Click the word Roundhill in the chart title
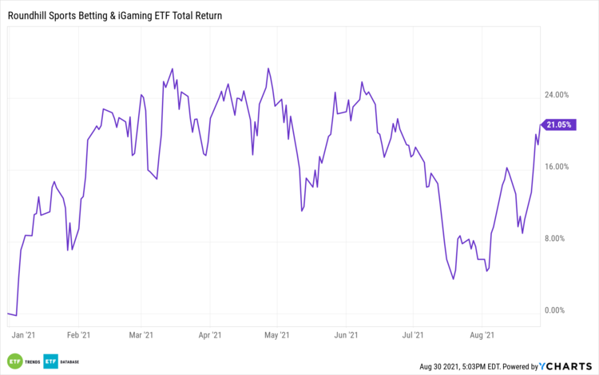click(29, 15)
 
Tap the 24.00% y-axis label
click(556, 95)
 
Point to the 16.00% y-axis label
click(556, 167)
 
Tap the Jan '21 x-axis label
click(23, 336)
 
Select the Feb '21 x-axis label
click(78, 336)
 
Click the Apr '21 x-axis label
click(209, 336)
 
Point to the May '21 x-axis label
click(276, 336)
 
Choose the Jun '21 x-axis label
click(344, 336)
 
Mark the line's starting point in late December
click(7, 314)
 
